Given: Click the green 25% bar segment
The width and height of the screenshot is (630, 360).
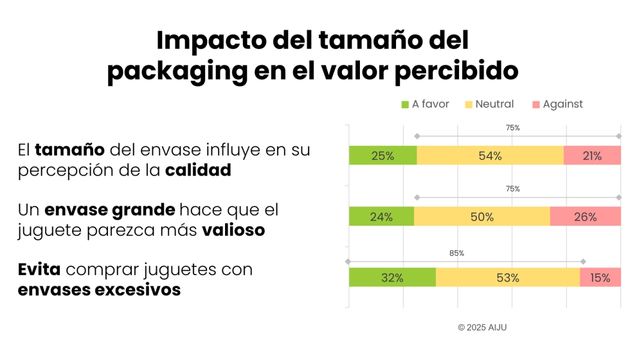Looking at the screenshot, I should (x=382, y=156).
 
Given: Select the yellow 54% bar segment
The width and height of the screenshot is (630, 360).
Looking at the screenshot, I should (x=490, y=156).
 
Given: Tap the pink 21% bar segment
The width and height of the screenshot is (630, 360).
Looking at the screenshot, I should (x=592, y=156).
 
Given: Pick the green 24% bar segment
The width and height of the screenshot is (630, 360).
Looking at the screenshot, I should (x=381, y=217).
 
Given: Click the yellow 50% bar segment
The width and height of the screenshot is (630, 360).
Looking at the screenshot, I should (x=482, y=217).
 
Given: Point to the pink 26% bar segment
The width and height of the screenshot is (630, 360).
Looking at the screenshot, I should (x=585, y=217).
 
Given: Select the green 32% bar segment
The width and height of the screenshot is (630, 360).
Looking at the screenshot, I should (x=392, y=278).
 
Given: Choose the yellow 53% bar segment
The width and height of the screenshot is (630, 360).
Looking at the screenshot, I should (x=507, y=278).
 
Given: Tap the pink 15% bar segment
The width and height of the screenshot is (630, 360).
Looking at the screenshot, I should (x=600, y=278).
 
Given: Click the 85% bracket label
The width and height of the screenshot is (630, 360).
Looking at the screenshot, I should (x=456, y=253).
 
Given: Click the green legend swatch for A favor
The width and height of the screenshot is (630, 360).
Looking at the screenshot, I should (x=405, y=104).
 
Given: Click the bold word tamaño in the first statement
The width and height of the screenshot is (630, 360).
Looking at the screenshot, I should (x=69, y=151).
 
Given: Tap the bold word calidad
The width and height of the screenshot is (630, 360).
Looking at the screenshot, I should (x=197, y=171).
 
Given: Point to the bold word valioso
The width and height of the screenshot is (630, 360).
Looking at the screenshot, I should (x=233, y=230).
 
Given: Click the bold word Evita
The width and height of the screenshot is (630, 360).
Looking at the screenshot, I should (x=39, y=269).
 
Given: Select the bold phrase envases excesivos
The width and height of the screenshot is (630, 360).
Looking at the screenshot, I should (x=99, y=290).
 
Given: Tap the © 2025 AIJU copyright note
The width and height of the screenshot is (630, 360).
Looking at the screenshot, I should (x=482, y=327).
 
